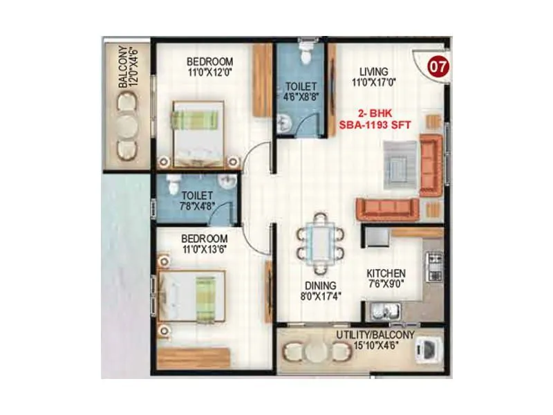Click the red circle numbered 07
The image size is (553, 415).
point(435,67)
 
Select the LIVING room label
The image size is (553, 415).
point(373,71)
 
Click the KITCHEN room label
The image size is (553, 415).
point(386,273)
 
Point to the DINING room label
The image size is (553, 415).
point(320,286)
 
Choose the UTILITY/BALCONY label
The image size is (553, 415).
point(375,335)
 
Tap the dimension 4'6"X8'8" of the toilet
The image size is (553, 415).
point(300,98)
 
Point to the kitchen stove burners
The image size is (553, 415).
point(435,267)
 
